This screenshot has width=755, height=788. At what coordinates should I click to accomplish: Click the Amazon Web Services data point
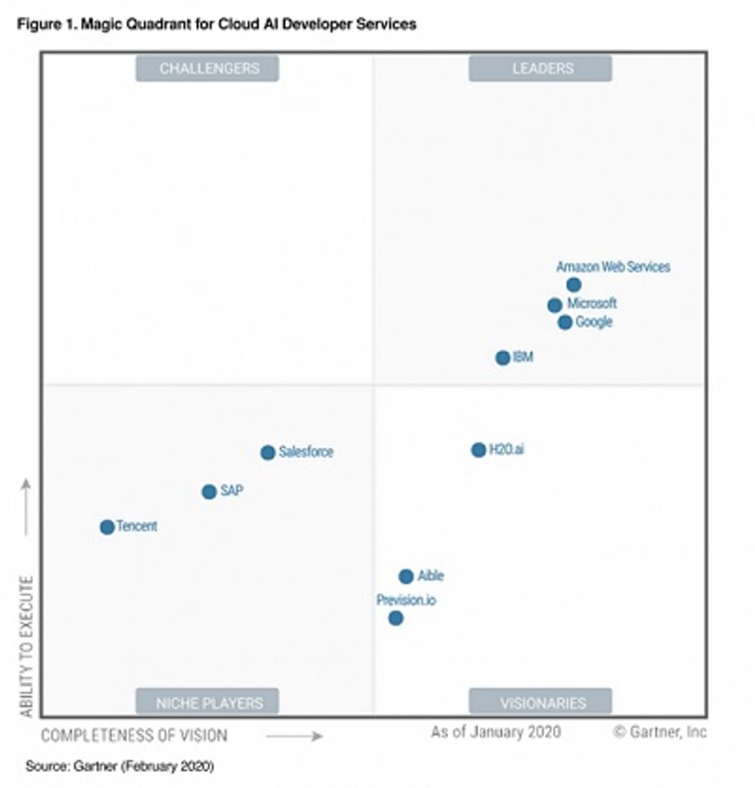[x=573, y=285]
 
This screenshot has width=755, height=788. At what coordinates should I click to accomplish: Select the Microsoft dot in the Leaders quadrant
[x=554, y=305]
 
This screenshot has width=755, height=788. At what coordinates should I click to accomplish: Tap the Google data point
[x=565, y=323]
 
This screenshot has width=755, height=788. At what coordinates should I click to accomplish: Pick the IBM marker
[x=503, y=358]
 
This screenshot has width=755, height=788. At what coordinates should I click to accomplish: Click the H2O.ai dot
[x=478, y=450]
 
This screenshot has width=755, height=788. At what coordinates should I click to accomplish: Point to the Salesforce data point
[x=268, y=452]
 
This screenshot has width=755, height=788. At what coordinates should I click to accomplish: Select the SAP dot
[x=210, y=492]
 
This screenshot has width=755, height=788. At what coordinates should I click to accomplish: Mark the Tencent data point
[x=107, y=527]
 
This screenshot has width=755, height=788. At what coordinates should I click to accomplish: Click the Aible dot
[x=406, y=576]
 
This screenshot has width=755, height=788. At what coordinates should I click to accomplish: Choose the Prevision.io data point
[x=396, y=619]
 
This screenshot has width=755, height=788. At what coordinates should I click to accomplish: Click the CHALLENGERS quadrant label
[x=208, y=69]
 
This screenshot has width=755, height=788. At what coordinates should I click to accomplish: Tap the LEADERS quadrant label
[x=540, y=69]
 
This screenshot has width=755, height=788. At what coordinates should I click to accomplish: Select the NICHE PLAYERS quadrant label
[x=208, y=703]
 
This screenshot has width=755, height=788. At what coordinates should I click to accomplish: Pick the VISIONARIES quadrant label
[x=540, y=703]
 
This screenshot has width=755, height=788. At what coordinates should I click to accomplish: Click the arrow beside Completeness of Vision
[x=294, y=736]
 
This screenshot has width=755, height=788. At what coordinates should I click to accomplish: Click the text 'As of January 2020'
[x=496, y=732]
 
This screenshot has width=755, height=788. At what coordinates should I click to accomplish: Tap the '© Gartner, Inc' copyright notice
[x=660, y=732]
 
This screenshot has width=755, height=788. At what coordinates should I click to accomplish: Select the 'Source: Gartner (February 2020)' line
[x=120, y=767]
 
